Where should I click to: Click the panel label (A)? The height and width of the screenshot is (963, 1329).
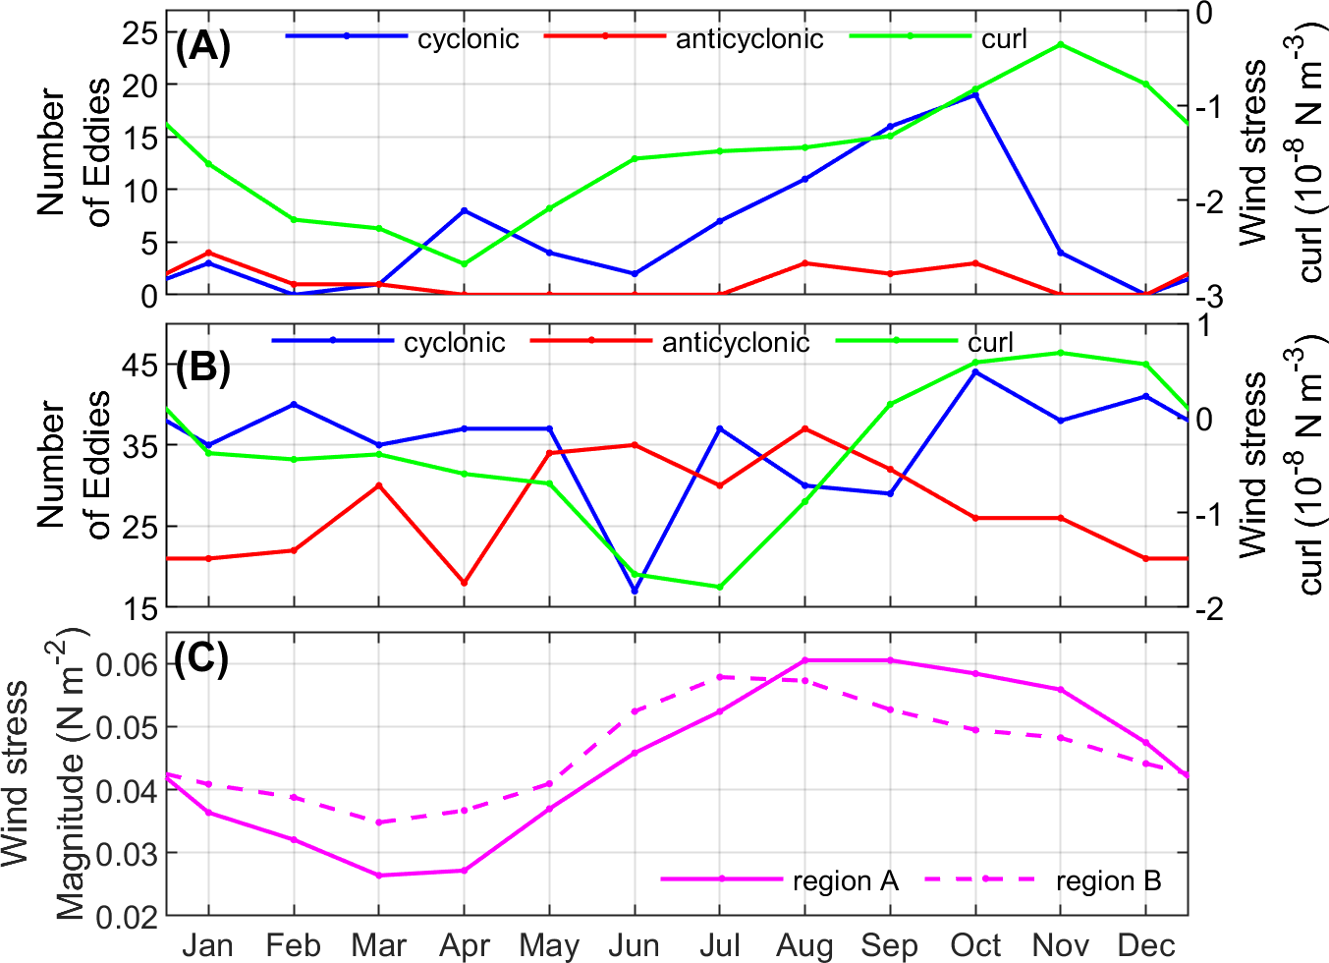(x=202, y=46)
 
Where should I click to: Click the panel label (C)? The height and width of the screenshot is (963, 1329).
(x=201, y=658)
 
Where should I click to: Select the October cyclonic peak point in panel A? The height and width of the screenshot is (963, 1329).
(x=975, y=94)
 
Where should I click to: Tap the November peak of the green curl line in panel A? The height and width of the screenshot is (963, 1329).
(x=1061, y=44)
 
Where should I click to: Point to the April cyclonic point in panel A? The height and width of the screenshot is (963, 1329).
(x=464, y=210)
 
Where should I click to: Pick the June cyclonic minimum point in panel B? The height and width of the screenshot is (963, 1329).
(x=635, y=591)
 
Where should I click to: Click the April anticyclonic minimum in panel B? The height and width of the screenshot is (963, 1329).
(x=464, y=583)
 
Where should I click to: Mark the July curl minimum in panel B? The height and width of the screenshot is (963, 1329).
(x=720, y=587)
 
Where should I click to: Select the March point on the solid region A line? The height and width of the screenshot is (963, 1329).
(x=379, y=875)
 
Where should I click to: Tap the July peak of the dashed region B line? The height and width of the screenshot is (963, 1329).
(x=720, y=677)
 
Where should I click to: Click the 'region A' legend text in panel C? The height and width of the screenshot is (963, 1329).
(x=845, y=881)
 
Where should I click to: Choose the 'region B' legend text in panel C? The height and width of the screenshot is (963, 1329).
(x=1108, y=881)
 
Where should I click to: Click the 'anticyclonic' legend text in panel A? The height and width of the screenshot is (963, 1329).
(x=749, y=38)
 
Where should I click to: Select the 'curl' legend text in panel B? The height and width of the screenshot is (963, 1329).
(x=990, y=342)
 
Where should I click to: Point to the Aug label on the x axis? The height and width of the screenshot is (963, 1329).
(x=804, y=945)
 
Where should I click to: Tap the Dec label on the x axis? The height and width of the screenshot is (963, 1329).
(x=1145, y=945)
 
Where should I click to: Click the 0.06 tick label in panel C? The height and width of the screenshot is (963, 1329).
(x=127, y=664)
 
